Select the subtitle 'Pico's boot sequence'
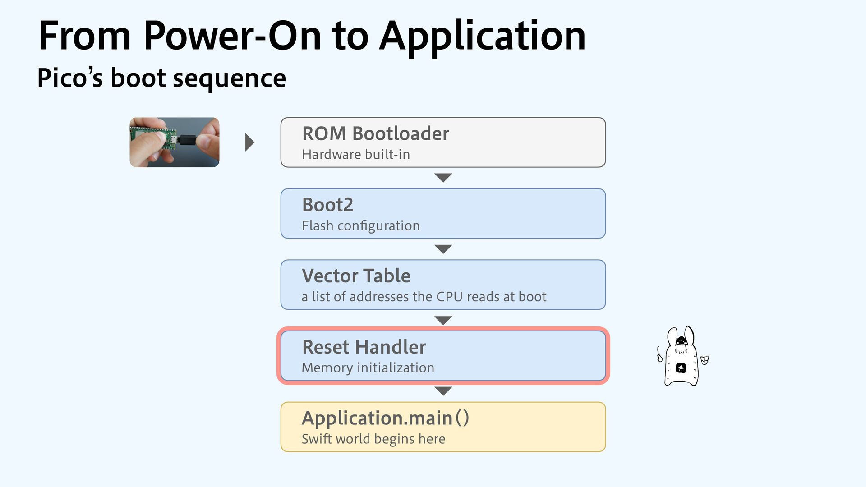[x=161, y=78]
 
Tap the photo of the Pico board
[x=175, y=142]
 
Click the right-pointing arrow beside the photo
[x=249, y=142]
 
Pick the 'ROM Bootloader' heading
[x=375, y=133]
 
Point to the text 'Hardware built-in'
[x=355, y=155]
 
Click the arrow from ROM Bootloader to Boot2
[x=443, y=178]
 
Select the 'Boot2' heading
[x=327, y=205]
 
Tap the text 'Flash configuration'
[x=360, y=225]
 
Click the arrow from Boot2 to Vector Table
[x=443, y=249]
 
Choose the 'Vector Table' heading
[x=356, y=276]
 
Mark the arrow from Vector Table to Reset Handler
[x=443, y=320]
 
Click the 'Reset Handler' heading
[x=364, y=347]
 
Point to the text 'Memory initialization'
[x=368, y=368]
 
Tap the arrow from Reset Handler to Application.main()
[x=443, y=391]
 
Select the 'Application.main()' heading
[x=385, y=418]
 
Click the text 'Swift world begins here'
[x=373, y=439]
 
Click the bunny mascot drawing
[x=682, y=356]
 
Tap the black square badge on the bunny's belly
[x=681, y=368]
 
